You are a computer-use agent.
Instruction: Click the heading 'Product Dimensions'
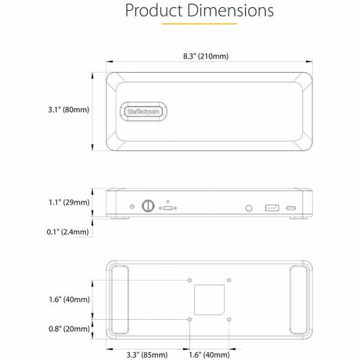pos(199,11)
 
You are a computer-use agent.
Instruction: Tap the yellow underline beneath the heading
pos(199,24)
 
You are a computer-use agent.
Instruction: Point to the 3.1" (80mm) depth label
pos(67,110)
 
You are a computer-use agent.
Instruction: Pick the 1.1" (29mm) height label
pos(67,202)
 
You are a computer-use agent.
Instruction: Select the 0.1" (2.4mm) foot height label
pos(67,233)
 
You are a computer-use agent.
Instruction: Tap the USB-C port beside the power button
pos(167,209)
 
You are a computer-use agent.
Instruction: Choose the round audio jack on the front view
pos(249,208)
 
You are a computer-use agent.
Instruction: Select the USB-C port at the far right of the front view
pos(291,208)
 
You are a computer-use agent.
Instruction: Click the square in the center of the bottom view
pos(210,299)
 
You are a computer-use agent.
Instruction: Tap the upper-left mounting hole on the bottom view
pos(190,279)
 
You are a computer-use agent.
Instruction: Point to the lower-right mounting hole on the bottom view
pos(229,319)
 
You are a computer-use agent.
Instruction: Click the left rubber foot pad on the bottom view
pos(120,298)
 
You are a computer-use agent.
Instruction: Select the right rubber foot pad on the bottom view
pos(300,298)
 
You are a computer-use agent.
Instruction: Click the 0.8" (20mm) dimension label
pos(67,328)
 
